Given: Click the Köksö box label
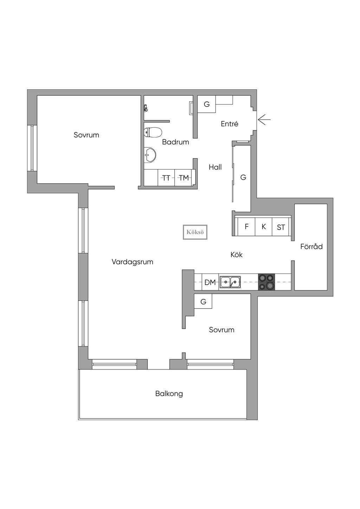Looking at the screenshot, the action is coord(195,232).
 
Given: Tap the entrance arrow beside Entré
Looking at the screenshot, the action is coord(264,120).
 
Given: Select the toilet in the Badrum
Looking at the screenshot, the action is coord(153,133).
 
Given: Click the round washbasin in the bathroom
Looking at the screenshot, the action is coord(150,155).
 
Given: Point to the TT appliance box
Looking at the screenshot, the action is coord(166,178).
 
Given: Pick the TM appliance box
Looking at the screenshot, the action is coord(183,178).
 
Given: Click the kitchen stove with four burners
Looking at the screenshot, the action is coord(266,282).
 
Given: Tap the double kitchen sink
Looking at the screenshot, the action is coord(230,282).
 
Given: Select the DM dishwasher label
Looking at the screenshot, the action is coord(210,283).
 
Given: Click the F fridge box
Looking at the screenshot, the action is coord(246,226).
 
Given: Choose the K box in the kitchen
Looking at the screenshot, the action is coord(264,226).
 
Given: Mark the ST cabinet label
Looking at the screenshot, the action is coord(281,227).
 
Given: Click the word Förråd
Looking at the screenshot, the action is coord(311,246).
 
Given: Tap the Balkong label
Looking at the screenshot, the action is coord(169,394).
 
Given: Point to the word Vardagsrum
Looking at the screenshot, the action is coord(133,262).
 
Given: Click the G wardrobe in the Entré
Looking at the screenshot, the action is coord(207,104).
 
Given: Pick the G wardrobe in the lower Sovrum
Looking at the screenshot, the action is coord(203,301).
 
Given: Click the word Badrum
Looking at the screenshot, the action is coord(175,142).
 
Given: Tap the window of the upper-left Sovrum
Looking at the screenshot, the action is coord(32,148).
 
